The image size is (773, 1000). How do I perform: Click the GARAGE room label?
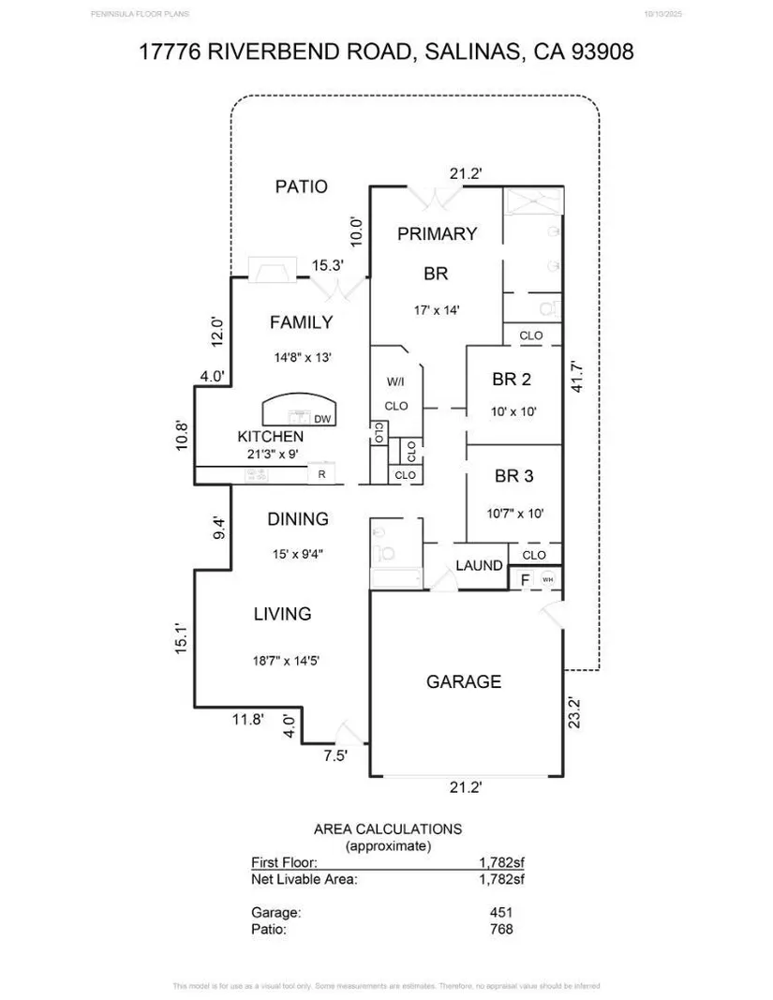coord(464,681)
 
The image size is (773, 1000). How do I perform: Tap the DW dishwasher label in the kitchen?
coord(321,419)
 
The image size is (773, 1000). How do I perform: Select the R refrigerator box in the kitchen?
coord(322,475)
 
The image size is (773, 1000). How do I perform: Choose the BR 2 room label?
coord(512,380)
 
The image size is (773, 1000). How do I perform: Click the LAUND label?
coord(479,565)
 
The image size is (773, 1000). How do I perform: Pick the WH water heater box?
coord(547,580)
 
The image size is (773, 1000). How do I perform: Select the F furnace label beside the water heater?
coord(525,580)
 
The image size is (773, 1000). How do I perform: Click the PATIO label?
coord(301,187)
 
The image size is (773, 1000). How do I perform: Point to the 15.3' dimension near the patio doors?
coord(327,266)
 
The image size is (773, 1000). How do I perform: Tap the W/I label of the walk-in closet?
coord(395,382)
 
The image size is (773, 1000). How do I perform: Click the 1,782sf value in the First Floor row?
coord(501,862)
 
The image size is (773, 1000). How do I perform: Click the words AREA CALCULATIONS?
coord(387,828)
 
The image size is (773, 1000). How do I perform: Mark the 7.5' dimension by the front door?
coord(335,756)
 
